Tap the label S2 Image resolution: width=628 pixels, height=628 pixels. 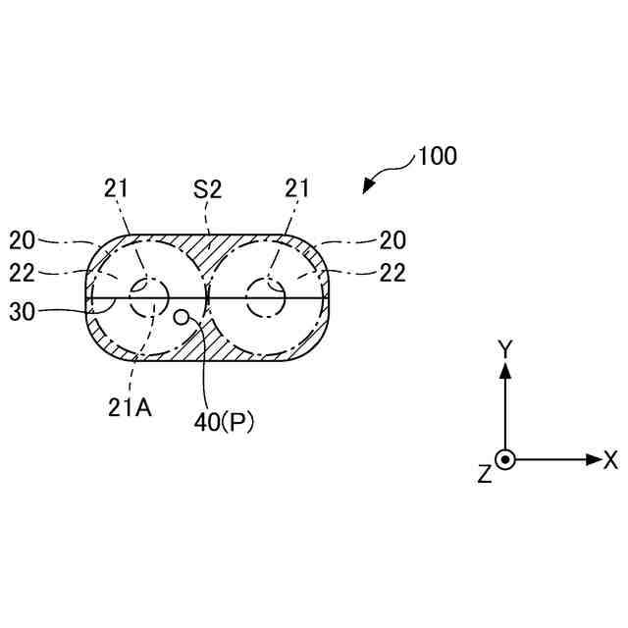point(208,189)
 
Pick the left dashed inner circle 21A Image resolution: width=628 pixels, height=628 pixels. point(150,297)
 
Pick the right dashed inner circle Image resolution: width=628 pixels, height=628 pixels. point(266,297)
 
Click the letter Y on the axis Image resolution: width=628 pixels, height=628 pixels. point(504,347)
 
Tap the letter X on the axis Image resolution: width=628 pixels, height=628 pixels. point(610,458)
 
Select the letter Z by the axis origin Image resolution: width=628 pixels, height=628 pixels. point(483,474)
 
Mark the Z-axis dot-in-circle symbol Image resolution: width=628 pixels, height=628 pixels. point(504,458)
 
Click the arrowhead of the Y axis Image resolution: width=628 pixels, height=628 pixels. point(504,370)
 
